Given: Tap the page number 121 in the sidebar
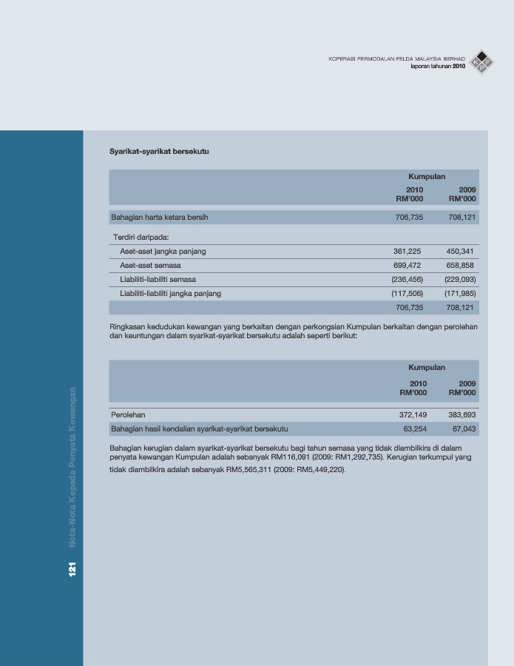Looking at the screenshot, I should pos(73,568).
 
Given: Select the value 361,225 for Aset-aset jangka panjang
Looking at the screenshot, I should pos(408,252).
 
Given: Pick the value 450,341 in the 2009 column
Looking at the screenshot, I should pos(461,252).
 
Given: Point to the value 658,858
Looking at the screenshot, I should pos(461,266).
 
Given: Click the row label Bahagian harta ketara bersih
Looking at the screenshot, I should pos(160,218).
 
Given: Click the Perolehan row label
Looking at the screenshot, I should pos(128,415).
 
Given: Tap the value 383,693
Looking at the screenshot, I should pos(461,415).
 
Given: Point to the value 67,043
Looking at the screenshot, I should pos(464,428).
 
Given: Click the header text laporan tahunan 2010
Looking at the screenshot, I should pos(438,67).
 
